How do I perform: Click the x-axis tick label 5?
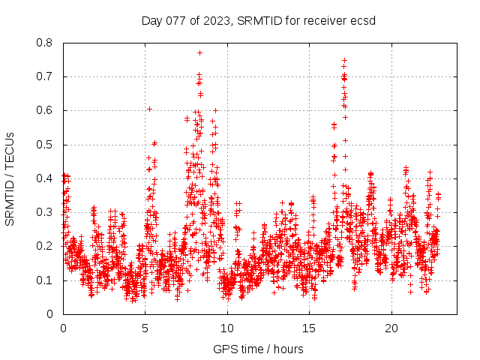(x=145, y=328)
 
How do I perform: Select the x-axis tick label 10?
(x=227, y=328)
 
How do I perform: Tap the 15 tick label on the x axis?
(x=309, y=328)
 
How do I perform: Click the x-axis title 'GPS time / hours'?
(x=258, y=349)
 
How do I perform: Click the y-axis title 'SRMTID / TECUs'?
(x=10, y=178)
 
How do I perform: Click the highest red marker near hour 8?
(x=199, y=52)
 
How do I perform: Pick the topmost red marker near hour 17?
(x=344, y=60)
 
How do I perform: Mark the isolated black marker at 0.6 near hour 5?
(x=150, y=109)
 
